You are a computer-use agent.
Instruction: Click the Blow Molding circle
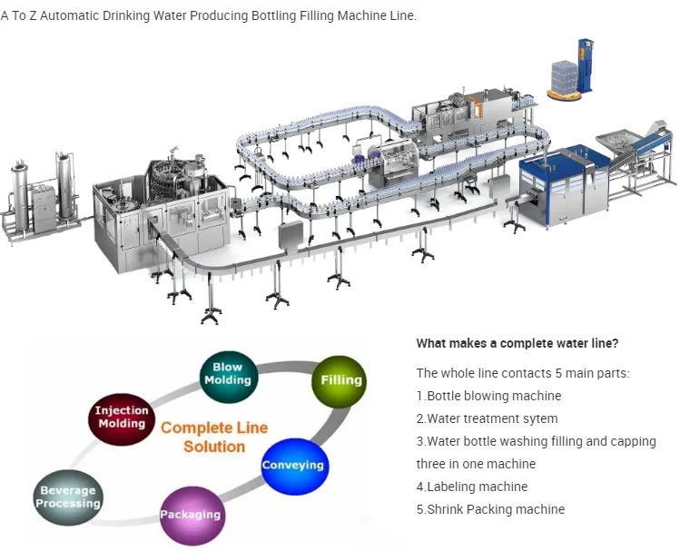(x=229, y=377)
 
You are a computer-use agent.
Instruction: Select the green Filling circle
(x=340, y=381)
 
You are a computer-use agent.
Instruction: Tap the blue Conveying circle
(x=294, y=466)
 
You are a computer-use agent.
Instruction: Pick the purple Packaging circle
(x=192, y=516)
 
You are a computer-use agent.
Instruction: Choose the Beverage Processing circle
(x=68, y=497)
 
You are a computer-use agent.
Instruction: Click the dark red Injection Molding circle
(x=122, y=418)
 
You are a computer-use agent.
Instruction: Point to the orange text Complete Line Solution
(x=214, y=437)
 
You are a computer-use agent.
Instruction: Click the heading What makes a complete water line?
(x=517, y=343)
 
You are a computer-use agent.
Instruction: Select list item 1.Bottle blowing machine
(x=488, y=396)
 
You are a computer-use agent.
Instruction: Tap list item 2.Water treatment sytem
(x=487, y=418)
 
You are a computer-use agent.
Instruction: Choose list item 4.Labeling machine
(x=472, y=487)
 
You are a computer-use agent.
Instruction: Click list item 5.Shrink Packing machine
(x=490, y=509)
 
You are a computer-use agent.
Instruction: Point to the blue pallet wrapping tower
(x=585, y=65)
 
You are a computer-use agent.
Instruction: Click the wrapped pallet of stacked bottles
(x=564, y=78)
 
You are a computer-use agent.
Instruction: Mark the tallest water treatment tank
(x=65, y=186)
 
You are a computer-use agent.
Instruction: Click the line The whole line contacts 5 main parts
(x=523, y=373)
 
